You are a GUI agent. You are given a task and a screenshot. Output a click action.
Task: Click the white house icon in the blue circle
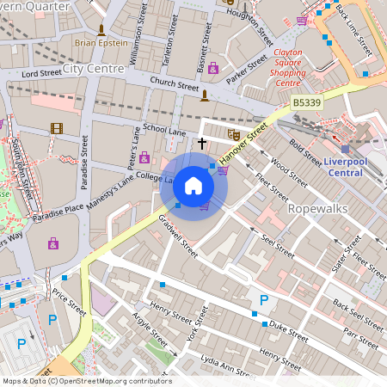[x=193, y=186]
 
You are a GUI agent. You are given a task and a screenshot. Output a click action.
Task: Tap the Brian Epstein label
[x=101, y=42]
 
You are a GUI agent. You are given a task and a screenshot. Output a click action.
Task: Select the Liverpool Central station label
[x=353, y=165]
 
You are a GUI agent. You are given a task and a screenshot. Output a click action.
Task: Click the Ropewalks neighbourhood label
[x=316, y=209]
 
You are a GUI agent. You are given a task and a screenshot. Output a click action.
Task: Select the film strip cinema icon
[x=57, y=129]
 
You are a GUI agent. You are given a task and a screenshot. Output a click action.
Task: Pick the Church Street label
[x=174, y=84]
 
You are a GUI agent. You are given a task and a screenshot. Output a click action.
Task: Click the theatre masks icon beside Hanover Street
[x=233, y=134]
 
